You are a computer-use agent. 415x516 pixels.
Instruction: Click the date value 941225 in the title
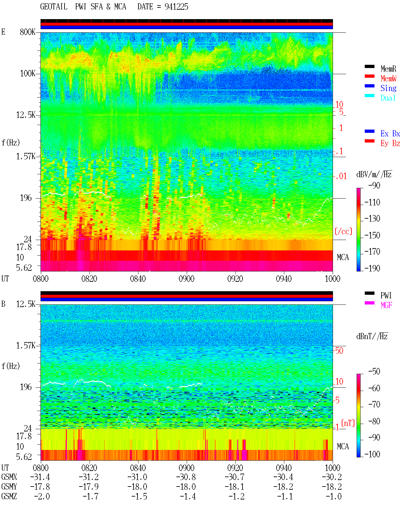pyautogui.click(x=176, y=7)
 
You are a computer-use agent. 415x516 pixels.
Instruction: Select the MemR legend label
pyautogui.click(x=388, y=69)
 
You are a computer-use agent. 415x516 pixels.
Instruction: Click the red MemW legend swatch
pyautogui.click(x=369, y=76)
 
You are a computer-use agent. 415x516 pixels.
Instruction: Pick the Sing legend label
pyautogui.click(x=388, y=88)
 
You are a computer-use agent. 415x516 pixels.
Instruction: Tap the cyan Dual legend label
pyautogui.click(x=388, y=98)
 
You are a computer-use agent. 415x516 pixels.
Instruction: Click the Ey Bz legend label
pyautogui.click(x=390, y=143)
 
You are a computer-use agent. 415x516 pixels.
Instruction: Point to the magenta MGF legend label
pyautogui.click(x=386, y=305)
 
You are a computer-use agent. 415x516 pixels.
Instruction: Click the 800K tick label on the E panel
pyautogui.click(x=28, y=32)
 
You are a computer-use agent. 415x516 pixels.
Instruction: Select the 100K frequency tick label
pyautogui.click(x=28, y=74)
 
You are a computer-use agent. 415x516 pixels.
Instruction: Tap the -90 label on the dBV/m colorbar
pyautogui.click(x=374, y=185)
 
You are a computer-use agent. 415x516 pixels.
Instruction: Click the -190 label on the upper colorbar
pyautogui.click(x=372, y=268)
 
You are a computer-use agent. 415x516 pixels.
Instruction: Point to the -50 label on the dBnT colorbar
pyautogui.click(x=374, y=372)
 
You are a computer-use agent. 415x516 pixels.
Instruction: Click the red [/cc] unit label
pyautogui.click(x=343, y=231)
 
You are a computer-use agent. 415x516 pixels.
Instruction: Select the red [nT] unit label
pyautogui.click(x=348, y=423)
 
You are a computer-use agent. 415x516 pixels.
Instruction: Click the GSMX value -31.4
pyautogui.click(x=40, y=477)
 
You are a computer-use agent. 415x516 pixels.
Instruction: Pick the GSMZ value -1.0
pyautogui.click(x=334, y=496)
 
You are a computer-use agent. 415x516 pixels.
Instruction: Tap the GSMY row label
pyautogui.click(x=9, y=487)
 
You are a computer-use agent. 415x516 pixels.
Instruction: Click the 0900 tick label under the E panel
pyautogui.click(x=186, y=279)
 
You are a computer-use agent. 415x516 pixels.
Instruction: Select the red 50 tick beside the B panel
pyautogui.click(x=339, y=351)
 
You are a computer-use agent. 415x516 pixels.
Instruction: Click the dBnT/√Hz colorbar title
pyautogui.click(x=372, y=336)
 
